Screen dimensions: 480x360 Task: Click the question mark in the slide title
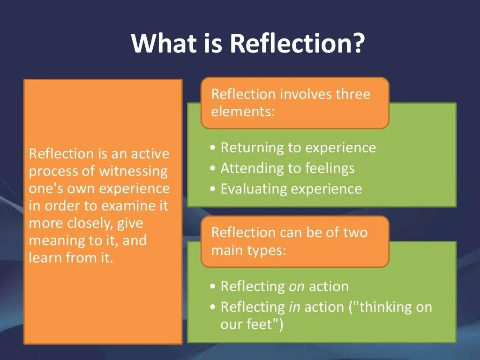(357, 43)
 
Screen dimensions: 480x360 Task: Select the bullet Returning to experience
(298, 148)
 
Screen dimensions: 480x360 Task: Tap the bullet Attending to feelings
(287, 168)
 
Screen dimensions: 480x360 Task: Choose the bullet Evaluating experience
(291, 188)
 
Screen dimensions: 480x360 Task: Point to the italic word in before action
(294, 307)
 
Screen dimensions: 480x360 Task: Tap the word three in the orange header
(352, 94)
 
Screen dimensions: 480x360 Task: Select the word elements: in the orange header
(243, 112)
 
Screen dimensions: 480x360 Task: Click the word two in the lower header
(355, 232)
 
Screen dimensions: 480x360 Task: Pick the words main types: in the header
(248, 250)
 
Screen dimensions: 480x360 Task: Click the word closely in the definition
(89, 223)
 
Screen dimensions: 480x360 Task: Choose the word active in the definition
(150, 154)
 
